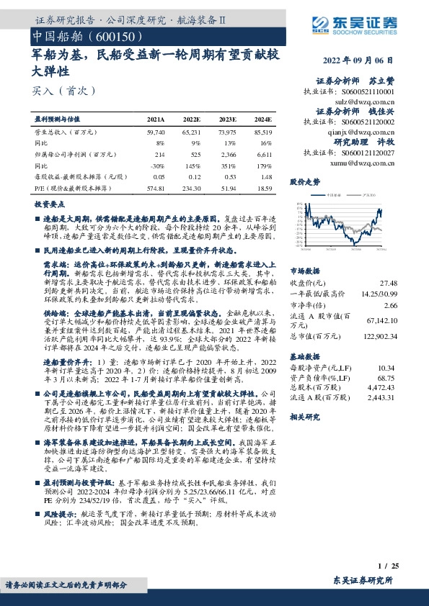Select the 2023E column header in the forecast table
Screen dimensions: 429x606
[x=228, y=119]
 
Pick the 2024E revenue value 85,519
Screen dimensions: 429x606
[x=263, y=133]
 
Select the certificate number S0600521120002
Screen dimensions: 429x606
[x=366, y=124]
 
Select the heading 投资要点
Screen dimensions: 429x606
[x=50, y=205]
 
